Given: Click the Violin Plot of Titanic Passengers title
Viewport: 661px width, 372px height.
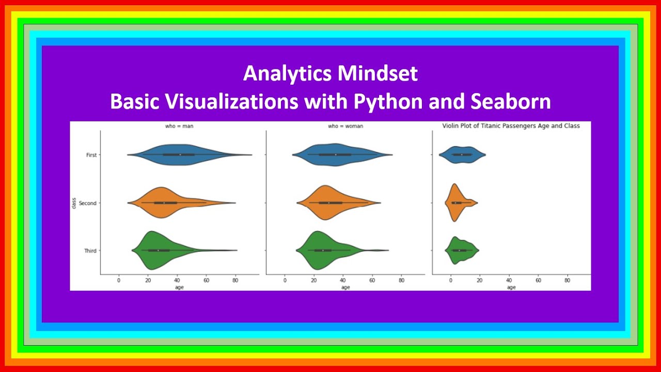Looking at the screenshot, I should pyautogui.click(x=511, y=126).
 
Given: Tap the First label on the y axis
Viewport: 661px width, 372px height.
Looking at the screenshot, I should pyautogui.click(x=90, y=155).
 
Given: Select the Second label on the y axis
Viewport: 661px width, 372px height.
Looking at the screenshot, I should pyautogui.click(x=88, y=203).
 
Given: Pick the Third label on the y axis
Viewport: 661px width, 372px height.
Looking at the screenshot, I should pyautogui.click(x=90, y=251).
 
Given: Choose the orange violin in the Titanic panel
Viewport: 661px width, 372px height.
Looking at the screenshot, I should pyautogui.click(x=455, y=203).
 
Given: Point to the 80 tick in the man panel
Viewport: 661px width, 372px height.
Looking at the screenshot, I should pyautogui.click(x=235, y=281).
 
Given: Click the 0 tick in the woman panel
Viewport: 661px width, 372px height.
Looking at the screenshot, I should pyautogui.click(x=285, y=281).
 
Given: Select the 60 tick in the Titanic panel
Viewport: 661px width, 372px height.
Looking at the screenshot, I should pyautogui.click(x=538, y=281).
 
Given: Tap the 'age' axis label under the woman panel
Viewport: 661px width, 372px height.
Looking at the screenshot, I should pyautogui.click(x=344, y=287).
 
